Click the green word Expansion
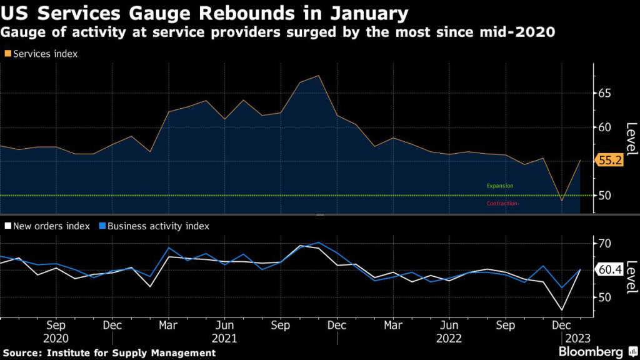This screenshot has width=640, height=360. pyautogui.click(x=499, y=186)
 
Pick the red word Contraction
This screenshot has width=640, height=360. pyautogui.click(x=501, y=203)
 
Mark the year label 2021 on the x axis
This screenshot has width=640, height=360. pyautogui.click(x=224, y=338)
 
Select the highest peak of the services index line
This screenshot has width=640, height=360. pyautogui.click(x=319, y=76)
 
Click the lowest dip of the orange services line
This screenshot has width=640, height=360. pyautogui.click(x=562, y=201)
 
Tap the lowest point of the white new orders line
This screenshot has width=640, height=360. pyautogui.click(x=562, y=310)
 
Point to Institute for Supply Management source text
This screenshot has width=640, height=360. pyautogui.click(x=132, y=353)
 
